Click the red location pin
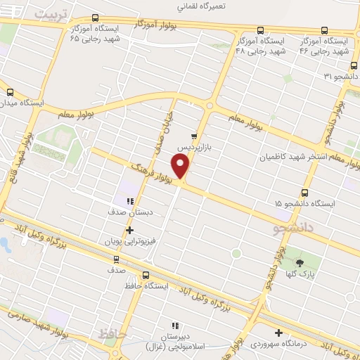coord(181,166)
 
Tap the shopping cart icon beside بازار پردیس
coord(194,136)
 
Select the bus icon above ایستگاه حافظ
coord(146,275)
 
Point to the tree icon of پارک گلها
coord(301,263)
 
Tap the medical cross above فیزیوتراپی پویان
coord(129,230)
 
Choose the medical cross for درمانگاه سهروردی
coord(279,333)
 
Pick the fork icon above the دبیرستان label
coord(175,326)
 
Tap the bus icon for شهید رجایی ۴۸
coord(260,30)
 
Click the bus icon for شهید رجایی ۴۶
coord(324,30)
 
